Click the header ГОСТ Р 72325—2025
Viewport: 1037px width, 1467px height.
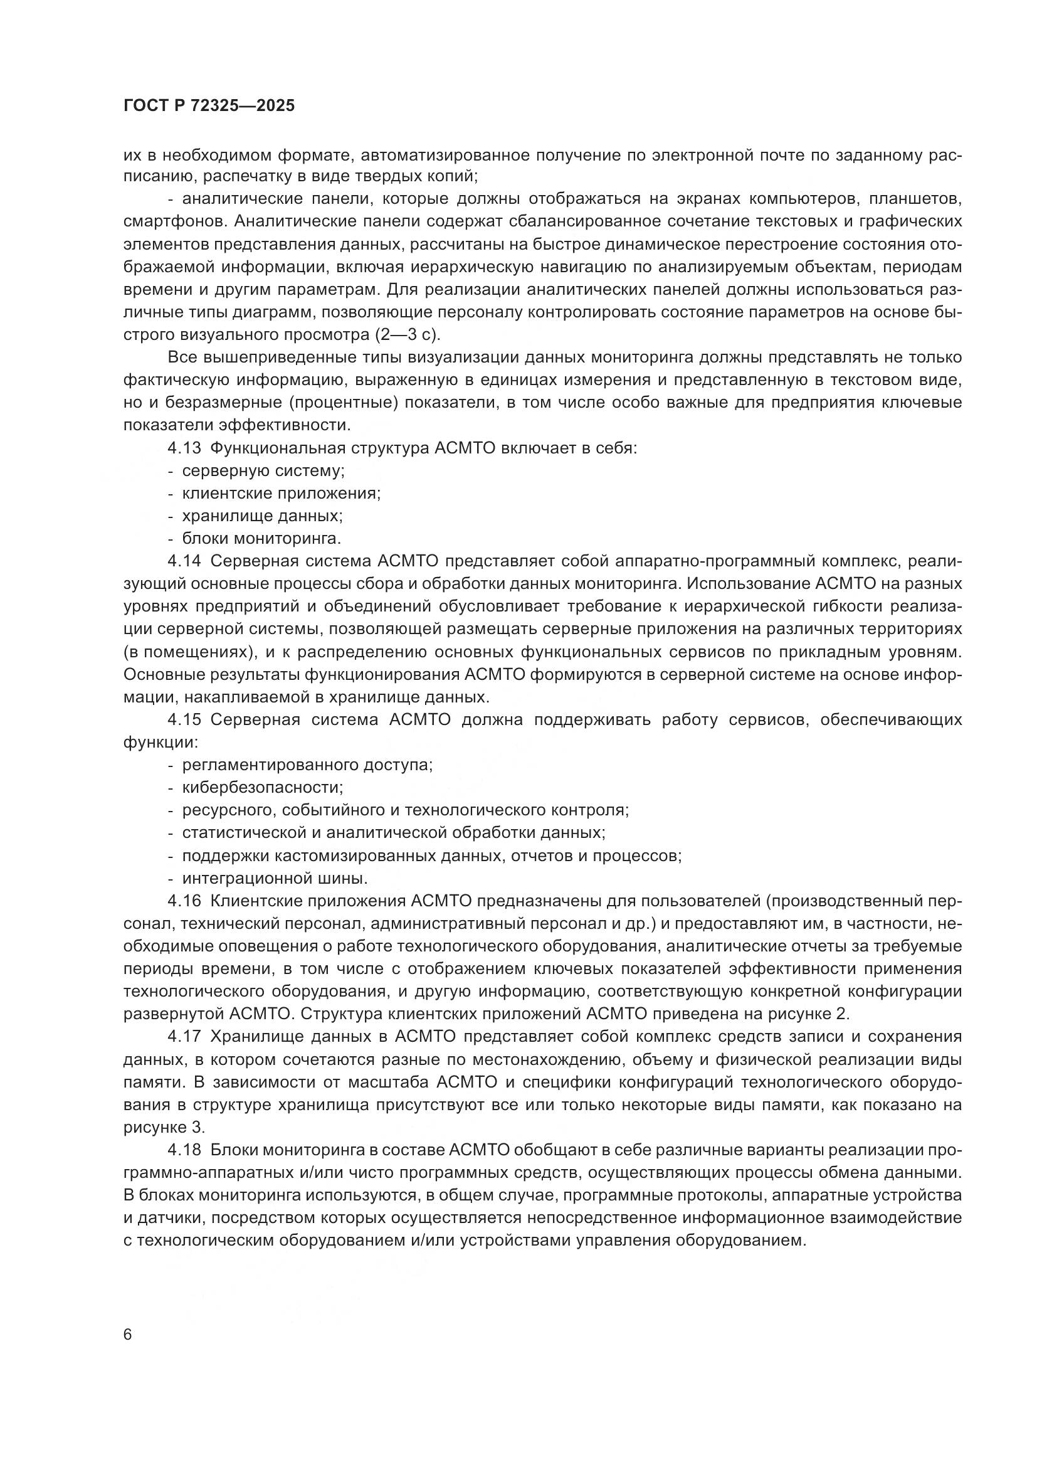[x=209, y=105]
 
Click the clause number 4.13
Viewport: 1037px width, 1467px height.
[x=184, y=448]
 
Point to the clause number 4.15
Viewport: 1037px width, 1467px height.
[x=184, y=719]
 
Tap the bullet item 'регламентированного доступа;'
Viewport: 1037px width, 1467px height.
[x=307, y=765]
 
